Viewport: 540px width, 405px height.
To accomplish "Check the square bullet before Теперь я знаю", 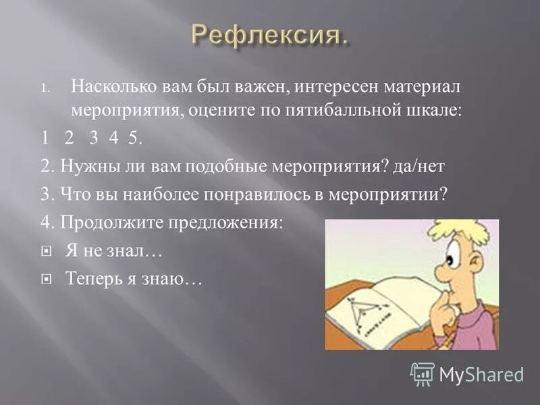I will [47, 278].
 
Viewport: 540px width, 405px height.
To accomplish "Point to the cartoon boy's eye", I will [450, 258].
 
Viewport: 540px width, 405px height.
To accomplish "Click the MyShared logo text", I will [481, 373].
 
